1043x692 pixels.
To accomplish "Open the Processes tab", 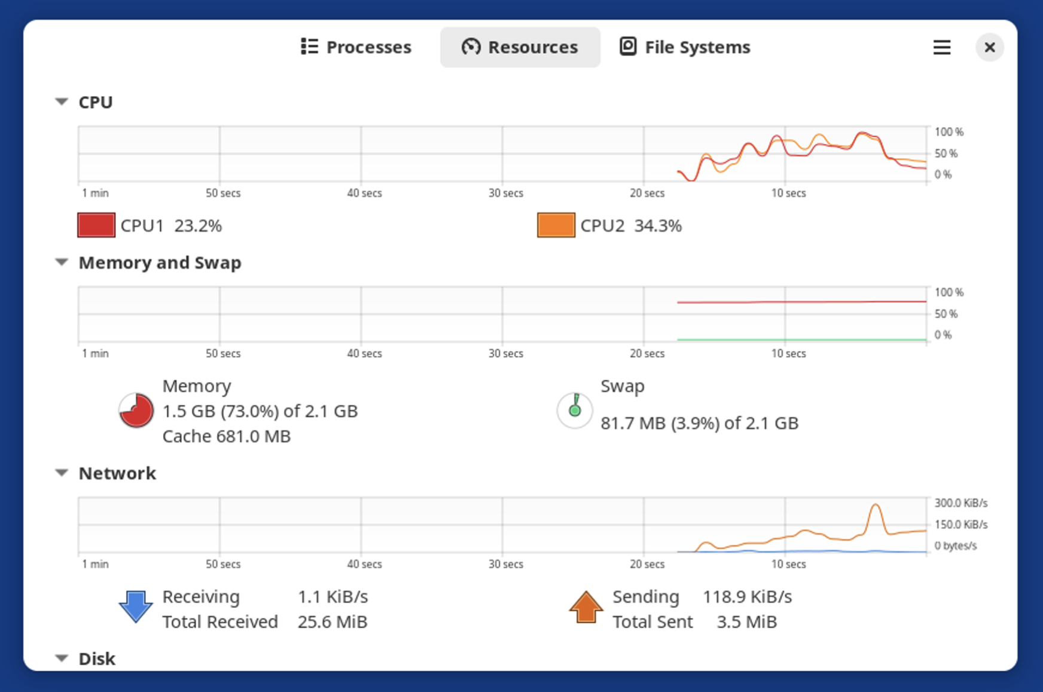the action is point(356,47).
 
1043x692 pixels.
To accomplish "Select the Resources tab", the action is point(520,47).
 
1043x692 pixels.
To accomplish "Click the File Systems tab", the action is point(685,47).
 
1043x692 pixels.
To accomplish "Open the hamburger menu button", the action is point(941,47).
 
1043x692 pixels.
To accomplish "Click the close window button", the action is point(989,47).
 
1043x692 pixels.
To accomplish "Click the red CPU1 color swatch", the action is point(96,225).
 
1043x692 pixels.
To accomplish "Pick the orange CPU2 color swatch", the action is point(556,225).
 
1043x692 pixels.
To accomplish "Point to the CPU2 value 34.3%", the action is point(658,226).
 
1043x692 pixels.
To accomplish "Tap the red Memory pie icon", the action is point(136,411).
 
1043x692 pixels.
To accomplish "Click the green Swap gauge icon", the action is point(575,411).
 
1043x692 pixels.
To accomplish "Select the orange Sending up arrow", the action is point(585,607).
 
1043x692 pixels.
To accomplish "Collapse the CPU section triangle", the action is point(62,102).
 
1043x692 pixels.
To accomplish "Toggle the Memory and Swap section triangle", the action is point(62,262).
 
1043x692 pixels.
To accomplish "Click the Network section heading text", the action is point(117,473).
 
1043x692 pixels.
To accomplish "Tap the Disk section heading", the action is point(97,659).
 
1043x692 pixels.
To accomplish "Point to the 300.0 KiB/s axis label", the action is point(961,503).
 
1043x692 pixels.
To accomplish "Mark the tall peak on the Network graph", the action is point(876,505).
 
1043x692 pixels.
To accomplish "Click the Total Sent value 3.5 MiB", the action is point(747,622).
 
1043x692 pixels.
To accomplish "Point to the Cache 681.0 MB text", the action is point(227,436).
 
